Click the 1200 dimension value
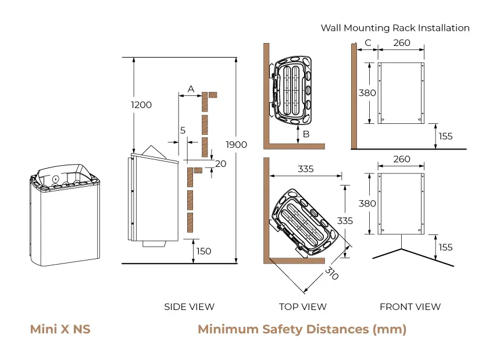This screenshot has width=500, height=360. (142, 105)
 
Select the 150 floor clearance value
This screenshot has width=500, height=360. (204, 251)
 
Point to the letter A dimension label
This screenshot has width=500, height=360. (190, 88)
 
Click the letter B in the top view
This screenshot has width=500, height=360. (306, 134)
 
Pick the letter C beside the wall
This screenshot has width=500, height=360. (367, 42)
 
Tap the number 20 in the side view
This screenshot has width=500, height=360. (220, 163)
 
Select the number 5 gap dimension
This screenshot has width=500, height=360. (183, 131)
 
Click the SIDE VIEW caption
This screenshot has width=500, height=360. (189, 306)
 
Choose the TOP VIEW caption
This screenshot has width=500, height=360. (302, 306)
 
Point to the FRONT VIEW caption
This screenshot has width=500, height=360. (410, 306)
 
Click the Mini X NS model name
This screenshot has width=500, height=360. (60, 330)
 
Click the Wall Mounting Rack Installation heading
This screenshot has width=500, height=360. (395, 28)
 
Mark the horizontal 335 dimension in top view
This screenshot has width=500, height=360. (305, 169)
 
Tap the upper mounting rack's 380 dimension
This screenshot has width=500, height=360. (367, 92)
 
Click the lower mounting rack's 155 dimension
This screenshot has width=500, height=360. (445, 247)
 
